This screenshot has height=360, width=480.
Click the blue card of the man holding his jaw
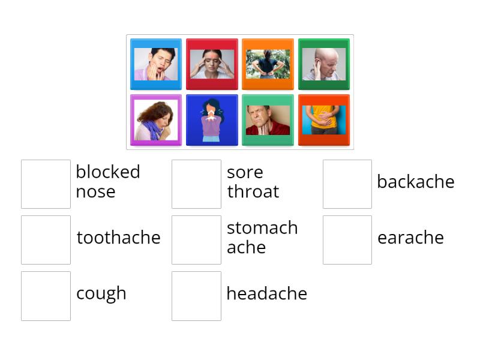click(x=156, y=64)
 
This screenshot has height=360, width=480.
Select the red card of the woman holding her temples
click(x=212, y=64)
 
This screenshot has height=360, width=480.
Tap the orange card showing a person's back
click(x=268, y=64)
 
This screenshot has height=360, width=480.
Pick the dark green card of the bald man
click(x=324, y=64)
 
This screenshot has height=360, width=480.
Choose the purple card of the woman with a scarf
click(x=156, y=120)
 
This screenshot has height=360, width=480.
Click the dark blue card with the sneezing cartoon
click(x=212, y=120)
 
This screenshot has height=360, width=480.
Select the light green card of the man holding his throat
click(x=268, y=120)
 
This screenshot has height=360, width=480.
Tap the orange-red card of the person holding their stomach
click(x=324, y=120)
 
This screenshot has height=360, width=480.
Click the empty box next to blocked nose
click(x=46, y=184)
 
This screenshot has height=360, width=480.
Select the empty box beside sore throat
click(x=196, y=184)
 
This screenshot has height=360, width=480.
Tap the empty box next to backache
click(x=347, y=184)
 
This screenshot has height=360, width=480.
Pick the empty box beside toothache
click(x=46, y=240)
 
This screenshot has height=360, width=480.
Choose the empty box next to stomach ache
click(x=196, y=240)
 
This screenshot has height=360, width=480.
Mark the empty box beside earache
click(x=347, y=240)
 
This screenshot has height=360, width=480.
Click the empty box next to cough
click(x=46, y=296)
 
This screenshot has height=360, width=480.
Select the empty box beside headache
click(x=196, y=296)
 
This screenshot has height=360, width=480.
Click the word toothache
click(x=118, y=238)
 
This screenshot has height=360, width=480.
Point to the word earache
click(x=410, y=238)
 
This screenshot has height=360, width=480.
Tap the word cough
click(x=101, y=293)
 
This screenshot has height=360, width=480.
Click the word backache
click(x=415, y=182)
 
